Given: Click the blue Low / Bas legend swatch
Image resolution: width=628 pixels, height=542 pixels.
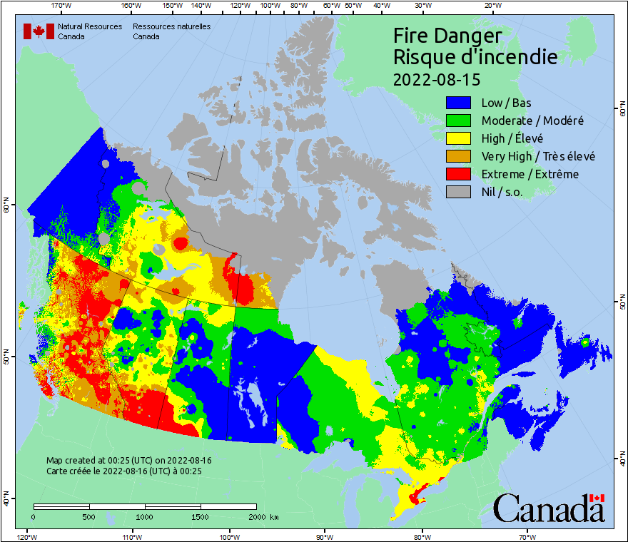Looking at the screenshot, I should [x=459, y=102].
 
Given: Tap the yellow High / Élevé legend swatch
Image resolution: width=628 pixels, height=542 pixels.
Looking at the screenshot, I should [x=459, y=138].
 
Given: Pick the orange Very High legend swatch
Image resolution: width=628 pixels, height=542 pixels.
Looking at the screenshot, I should [x=459, y=156].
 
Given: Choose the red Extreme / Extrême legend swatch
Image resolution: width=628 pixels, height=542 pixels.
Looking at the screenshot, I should [x=459, y=174].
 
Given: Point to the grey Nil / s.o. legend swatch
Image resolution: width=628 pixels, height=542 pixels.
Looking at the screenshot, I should [x=459, y=192].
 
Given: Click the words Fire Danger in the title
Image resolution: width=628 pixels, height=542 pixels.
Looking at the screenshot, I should [x=447, y=36].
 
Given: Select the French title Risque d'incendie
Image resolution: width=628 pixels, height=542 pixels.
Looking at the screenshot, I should [x=475, y=57].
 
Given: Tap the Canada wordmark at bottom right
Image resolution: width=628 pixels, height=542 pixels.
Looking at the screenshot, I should [x=549, y=508].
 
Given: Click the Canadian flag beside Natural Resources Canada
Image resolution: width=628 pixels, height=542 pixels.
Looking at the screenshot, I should [x=39, y=31].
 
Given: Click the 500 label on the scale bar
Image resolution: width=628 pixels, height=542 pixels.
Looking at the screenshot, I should [x=89, y=517].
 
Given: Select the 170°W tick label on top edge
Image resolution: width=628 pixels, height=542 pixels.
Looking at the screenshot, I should [x=62, y=6].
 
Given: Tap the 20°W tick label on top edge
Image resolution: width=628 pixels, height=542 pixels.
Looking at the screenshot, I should [x=492, y=6].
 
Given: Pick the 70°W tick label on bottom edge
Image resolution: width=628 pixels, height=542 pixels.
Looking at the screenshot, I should [x=527, y=536].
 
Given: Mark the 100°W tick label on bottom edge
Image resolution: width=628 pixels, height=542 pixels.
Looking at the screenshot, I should [x=229, y=536].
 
